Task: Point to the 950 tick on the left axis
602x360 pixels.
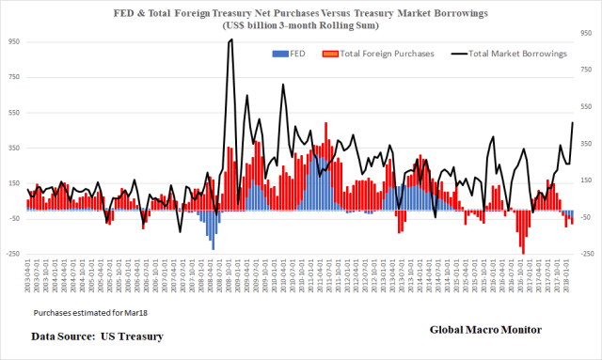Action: click(x=12, y=42)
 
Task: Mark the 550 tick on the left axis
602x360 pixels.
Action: click(x=12, y=113)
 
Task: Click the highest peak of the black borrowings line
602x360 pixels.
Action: click(x=230, y=40)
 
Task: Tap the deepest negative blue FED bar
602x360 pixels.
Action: click(x=214, y=248)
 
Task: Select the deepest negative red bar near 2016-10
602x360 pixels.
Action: click(x=522, y=251)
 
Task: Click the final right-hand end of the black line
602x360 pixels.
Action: click(x=573, y=123)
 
